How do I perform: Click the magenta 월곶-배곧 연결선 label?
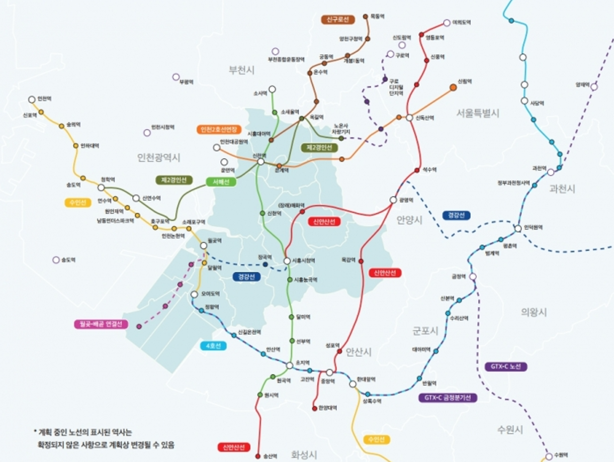pyautogui.click(x=100, y=324)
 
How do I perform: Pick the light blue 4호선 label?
pyautogui.click(x=213, y=346)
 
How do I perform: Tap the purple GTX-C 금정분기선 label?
pyautogui.click(x=447, y=398)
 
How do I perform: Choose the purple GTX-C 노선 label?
pyautogui.click(x=506, y=367)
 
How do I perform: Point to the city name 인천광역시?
pyautogui.click(x=159, y=158)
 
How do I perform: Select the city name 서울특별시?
pyautogui.click(x=477, y=113)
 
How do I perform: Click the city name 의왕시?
pyautogui.click(x=534, y=312)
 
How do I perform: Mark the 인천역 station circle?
pyautogui.click(x=32, y=99)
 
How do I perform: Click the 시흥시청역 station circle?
pyautogui.click(x=287, y=261)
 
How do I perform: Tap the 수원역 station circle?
pyautogui.click(x=549, y=456)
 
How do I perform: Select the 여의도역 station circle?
pyautogui.click(x=446, y=23)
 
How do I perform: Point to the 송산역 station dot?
pyautogui.click(x=258, y=456)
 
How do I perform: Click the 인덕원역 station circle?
pyautogui.click(x=518, y=228)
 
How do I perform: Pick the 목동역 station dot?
pyautogui.click(x=365, y=16)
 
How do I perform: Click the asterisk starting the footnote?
pyautogui.click(x=35, y=432)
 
